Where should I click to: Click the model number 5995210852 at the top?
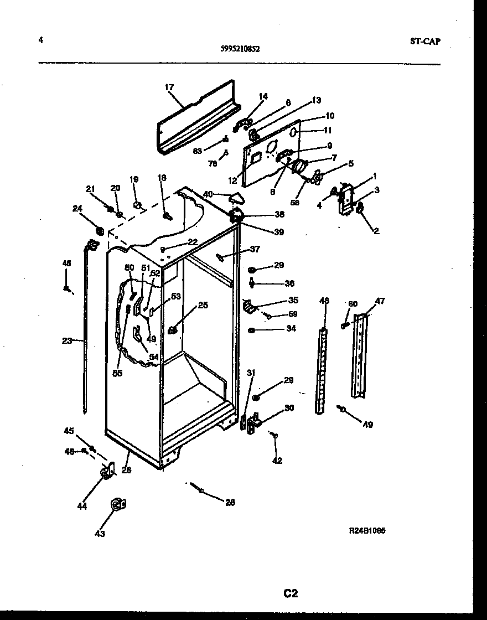click(x=240, y=48)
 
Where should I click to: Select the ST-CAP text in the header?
click(x=426, y=41)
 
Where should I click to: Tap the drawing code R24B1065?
click(x=367, y=530)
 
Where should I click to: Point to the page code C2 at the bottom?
click(x=291, y=593)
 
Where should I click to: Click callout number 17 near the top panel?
click(x=169, y=87)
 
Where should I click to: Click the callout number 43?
click(x=100, y=534)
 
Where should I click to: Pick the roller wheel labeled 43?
click(x=117, y=504)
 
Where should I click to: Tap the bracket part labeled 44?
click(x=106, y=472)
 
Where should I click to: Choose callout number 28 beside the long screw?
click(x=230, y=502)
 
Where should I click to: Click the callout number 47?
click(x=380, y=301)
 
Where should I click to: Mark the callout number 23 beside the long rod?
click(x=67, y=341)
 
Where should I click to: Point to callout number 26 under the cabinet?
click(x=126, y=471)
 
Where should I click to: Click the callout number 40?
click(x=208, y=194)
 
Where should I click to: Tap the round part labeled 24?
click(x=100, y=229)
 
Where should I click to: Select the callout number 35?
click(x=293, y=301)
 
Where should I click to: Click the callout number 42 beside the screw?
click(x=277, y=460)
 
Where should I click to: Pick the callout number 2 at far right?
click(x=376, y=231)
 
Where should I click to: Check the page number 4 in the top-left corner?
click(x=41, y=40)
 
